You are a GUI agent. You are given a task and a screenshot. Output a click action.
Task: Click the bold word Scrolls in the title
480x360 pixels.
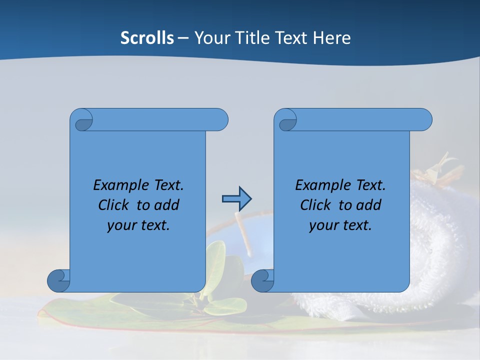[147, 37]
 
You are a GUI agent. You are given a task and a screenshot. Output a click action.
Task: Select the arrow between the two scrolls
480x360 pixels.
[236, 199]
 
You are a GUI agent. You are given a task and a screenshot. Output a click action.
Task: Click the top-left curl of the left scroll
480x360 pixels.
[83, 123]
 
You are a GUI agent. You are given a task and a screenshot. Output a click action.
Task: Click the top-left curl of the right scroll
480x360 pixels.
[287, 123]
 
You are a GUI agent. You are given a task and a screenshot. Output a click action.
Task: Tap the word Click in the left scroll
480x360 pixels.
[115, 205]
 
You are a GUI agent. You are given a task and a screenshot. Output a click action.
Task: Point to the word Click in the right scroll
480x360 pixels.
[317, 205]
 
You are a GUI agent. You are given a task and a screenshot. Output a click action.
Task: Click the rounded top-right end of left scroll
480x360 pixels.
[220, 119]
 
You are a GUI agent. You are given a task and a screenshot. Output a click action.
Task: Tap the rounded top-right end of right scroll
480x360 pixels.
[424, 119]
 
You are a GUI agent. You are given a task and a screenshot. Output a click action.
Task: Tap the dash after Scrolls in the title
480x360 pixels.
[183, 37]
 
